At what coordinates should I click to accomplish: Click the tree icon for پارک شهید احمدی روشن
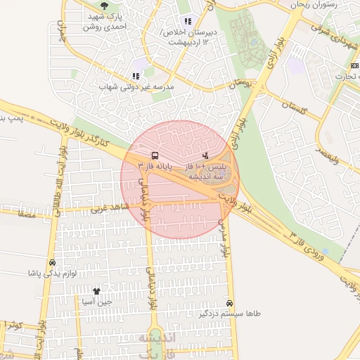104,6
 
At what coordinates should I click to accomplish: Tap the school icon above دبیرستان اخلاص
187,21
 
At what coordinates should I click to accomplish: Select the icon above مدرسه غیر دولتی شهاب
136,76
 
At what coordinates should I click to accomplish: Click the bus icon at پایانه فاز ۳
154,155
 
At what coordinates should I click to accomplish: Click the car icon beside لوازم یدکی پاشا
52,263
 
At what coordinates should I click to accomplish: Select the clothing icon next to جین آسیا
96,290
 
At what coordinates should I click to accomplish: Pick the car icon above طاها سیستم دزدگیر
230,303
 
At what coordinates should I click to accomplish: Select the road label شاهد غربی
106,208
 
